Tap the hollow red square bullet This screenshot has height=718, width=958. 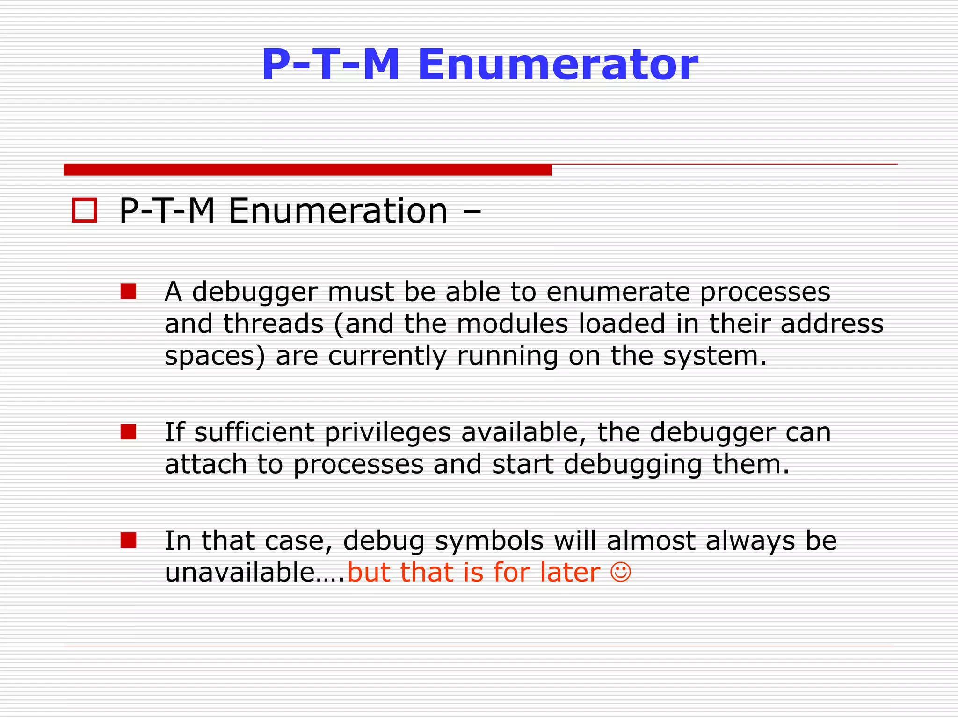84,210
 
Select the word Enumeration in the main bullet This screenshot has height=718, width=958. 338,211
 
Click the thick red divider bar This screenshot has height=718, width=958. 307,170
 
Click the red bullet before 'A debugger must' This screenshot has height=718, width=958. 128,291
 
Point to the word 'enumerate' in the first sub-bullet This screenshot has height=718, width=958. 618,292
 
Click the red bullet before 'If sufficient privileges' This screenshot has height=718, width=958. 128,432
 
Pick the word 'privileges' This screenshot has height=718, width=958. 387,433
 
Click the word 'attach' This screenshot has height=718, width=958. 205,464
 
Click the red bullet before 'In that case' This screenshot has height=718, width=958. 128,540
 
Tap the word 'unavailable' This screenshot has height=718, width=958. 240,572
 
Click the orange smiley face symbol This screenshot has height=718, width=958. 621,572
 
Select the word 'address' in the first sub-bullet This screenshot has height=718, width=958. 832,324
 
